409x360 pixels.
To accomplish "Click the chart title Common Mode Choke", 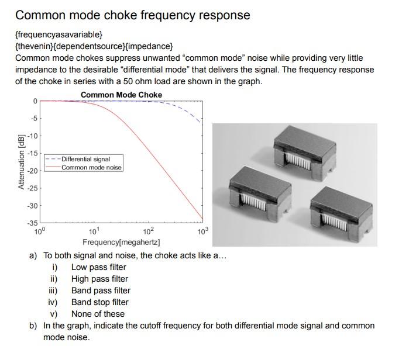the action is (121, 95).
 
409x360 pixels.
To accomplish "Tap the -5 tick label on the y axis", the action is (35, 119).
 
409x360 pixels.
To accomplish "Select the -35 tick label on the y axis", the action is (33, 223).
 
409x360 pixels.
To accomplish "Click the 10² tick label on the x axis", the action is (149, 231).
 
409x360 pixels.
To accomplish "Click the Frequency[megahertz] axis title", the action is (121, 243).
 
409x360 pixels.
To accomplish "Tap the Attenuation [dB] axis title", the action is (22, 162).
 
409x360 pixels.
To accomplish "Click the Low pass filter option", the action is (99, 267).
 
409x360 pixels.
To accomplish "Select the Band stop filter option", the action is (100, 302).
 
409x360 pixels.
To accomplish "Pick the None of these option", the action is (98, 314).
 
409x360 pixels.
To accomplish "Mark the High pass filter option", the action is (99, 279).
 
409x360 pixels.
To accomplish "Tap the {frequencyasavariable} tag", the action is (59, 34).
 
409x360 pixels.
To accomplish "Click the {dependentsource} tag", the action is (89, 46).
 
